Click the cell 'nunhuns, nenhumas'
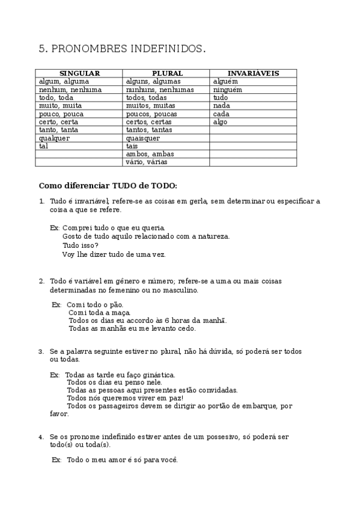point(160,90)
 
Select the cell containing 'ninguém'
point(228,90)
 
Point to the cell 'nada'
point(221,106)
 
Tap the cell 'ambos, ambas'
point(150,155)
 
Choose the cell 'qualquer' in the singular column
point(54,138)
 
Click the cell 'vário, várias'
point(147,162)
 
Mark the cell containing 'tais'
point(132,146)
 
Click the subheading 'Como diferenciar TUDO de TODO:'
point(108,186)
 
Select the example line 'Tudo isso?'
point(81,245)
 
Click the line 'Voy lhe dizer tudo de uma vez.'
point(114,254)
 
